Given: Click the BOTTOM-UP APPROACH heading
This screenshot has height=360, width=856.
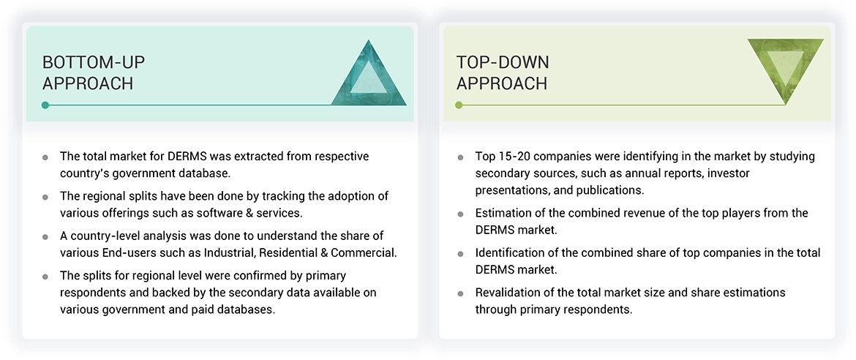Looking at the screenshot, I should point(88,72).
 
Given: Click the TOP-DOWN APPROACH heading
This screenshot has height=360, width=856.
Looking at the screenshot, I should point(502,72).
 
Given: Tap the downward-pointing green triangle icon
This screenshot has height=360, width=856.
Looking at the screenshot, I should point(785,70).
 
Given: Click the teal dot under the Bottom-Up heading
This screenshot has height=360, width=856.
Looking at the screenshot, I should point(45,105).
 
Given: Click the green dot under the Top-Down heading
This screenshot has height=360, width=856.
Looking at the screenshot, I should point(459,105).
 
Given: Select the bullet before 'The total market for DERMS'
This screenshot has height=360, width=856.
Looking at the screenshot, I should point(45,157).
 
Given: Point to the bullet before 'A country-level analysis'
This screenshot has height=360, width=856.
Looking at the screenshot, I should point(45,236).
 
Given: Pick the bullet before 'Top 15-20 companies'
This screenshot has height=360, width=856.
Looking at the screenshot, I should point(460,157).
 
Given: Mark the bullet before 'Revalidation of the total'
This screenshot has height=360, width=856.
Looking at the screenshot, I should point(460,293).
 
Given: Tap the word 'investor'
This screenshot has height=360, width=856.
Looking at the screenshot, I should point(728,173).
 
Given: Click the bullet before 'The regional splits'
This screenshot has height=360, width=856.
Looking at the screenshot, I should point(45,197).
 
